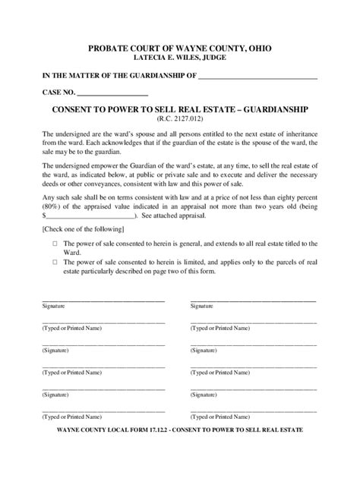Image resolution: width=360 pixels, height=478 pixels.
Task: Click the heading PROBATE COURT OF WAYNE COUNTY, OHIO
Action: pyautogui.click(x=180, y=48)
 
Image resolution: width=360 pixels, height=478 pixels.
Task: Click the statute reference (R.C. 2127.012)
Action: pyautogui.click(x=180, y=120)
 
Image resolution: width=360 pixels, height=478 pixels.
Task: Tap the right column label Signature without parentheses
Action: pyautogui.click(x=201, y=305)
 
